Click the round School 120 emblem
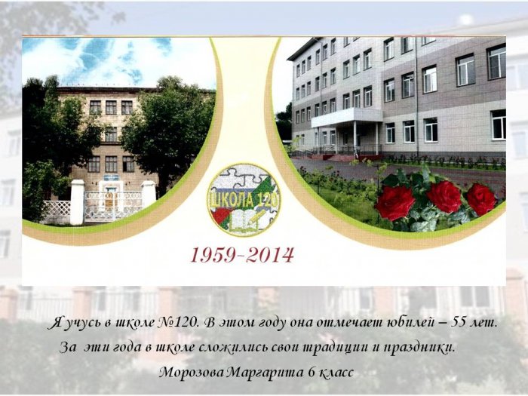244,199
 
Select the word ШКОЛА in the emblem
229,200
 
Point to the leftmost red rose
395,202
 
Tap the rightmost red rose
481,199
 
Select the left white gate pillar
77,202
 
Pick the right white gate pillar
149,195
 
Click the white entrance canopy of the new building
347,116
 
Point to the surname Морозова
192,373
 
